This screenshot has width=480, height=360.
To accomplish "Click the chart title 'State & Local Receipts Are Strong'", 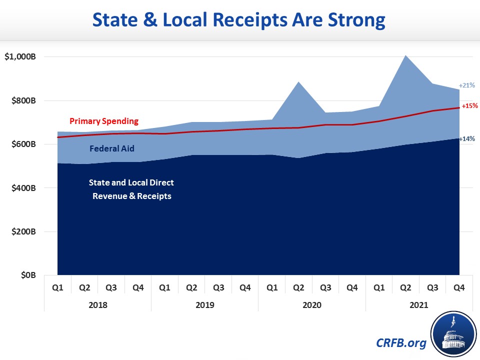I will coord(240,20).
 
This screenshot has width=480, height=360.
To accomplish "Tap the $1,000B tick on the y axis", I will coord(20,57).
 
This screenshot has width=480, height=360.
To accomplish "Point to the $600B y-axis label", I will coord(23,144).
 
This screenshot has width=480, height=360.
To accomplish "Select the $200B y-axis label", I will coord(23,232).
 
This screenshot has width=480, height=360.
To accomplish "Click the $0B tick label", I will coord(27,275).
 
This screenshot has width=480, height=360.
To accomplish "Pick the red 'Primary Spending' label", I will coord(103,121).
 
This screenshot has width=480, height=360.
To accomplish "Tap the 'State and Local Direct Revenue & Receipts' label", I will coord(131,189).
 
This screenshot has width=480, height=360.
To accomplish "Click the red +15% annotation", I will coord(469,106).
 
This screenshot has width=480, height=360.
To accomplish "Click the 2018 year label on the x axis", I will coord(97,304).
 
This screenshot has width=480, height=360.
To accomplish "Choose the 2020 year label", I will coord(312,304).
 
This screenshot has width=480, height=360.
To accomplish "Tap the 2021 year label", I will coord(419,304).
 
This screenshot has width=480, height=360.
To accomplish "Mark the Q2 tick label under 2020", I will coord(298,287).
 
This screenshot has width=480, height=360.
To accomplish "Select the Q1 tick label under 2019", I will coord(164,287).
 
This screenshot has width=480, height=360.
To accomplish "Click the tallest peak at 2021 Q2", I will coord(405,55).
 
